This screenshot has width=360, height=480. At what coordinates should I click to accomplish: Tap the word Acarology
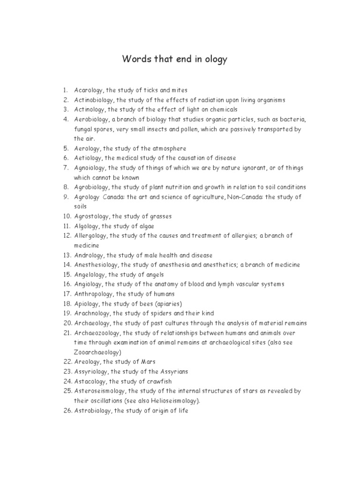point(90,90)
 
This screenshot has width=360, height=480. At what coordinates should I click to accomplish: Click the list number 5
point(66,149)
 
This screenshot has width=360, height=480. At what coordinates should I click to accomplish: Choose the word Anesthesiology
point(96,265)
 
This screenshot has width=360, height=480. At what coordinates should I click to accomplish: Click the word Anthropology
point(94,294)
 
